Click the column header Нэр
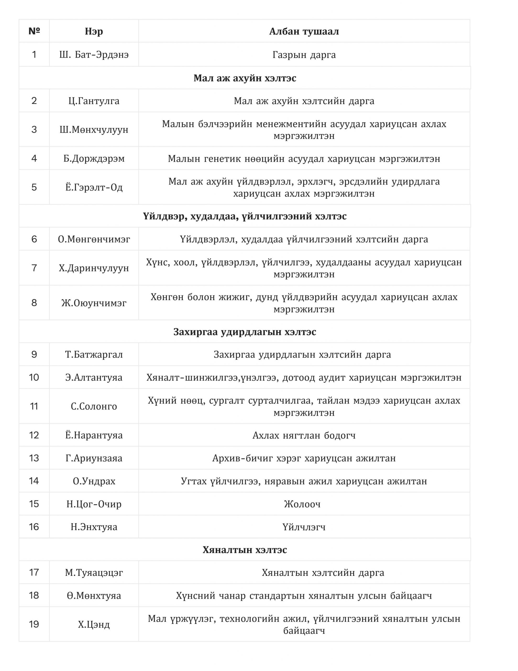click(94, 31)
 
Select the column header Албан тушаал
click(304, 31)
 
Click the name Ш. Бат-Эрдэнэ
click(94, 55)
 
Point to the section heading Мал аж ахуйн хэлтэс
click(244, 78)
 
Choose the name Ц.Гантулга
click(94, 101)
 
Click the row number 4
click(34, 159)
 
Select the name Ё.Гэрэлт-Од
click(94, 187)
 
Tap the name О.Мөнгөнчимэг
click(94, 239)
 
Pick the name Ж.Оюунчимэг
click(94, 303)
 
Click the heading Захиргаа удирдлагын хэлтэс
click(244, 332)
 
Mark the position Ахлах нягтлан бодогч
click(304, 435)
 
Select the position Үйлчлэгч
click(304, 527)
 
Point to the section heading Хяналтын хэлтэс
click(244, 550)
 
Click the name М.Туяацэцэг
click(94, 573)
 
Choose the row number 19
click(34, 624)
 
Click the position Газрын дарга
click(304, 55)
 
